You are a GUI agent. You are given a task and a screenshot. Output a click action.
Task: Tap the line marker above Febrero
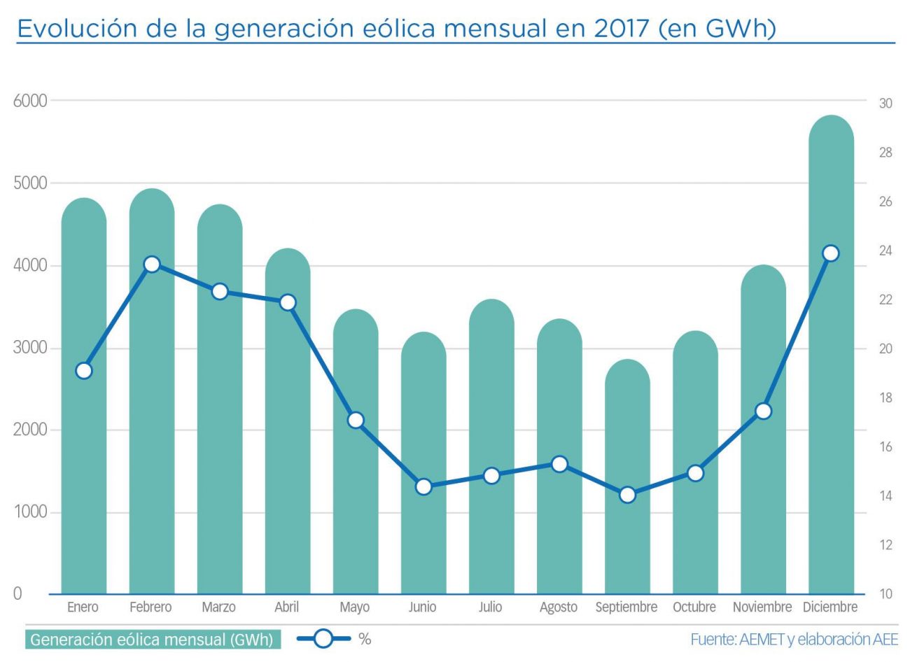click(x=152, y=265)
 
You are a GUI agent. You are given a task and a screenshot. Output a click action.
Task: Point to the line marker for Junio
click(x=423, y=486)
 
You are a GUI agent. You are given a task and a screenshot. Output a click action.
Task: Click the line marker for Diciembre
click(x=831, y=253)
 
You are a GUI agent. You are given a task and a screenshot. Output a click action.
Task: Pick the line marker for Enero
click(x=84, y=371)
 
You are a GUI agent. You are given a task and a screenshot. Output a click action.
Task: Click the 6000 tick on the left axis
click(x=30, y=101)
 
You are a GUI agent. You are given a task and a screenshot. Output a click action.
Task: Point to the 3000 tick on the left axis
click(x=30, y=348)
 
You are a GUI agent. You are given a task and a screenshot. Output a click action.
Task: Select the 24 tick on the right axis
click(x=885, y=251)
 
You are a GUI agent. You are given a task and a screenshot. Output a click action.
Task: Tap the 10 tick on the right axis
click(x=885, y=594)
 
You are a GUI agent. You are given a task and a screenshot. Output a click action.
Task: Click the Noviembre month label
click(x=762, y=607)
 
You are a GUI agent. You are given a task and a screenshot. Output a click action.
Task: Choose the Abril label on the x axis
click(x=286, y=607)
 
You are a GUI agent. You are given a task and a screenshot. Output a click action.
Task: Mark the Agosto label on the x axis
click(x=559, y=607)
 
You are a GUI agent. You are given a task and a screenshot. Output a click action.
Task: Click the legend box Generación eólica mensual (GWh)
click(x=153, y=640)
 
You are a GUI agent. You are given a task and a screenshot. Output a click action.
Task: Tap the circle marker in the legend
click(x=323, y=638)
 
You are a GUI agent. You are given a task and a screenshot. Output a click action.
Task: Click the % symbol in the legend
click(x=365, y=639)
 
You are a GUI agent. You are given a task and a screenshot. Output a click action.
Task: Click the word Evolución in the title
click(x=77, y=29)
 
